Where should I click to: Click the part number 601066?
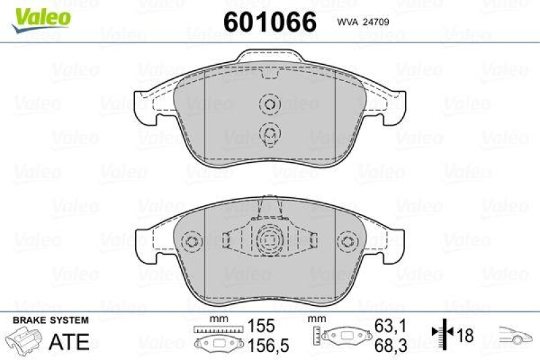pos(269,22)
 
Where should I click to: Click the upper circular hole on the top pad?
pos(269,105)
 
